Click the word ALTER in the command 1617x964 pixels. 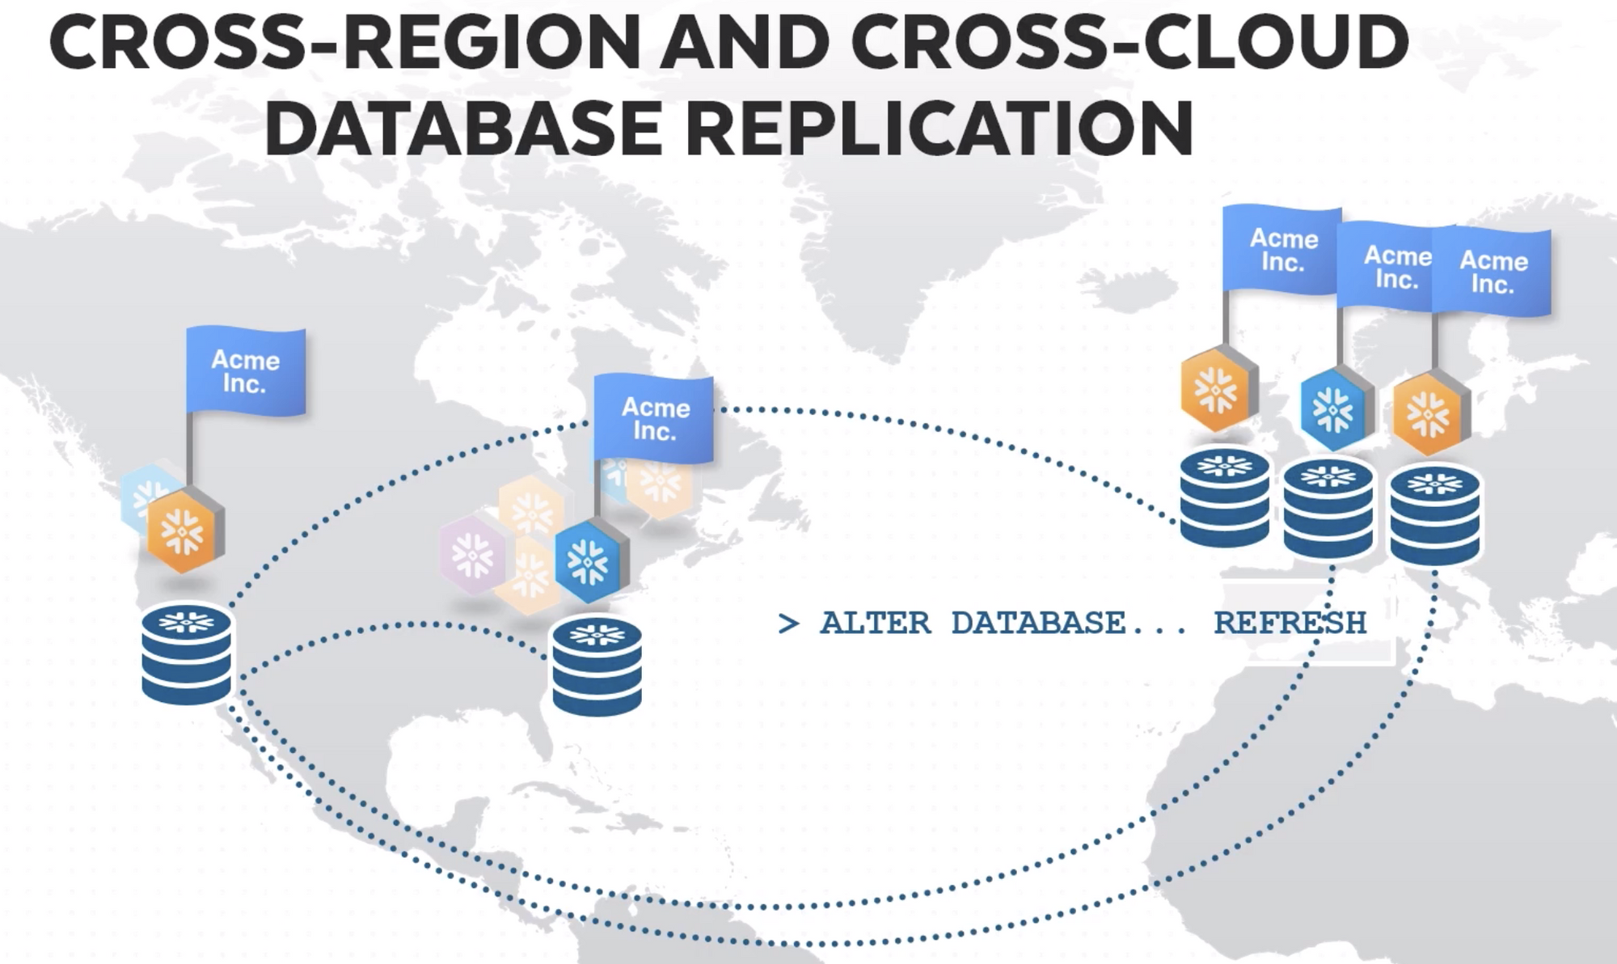click(x=875, y=624)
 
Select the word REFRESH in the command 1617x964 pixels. click(x=1290, y=624)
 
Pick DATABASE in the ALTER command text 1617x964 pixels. click(x=1038, y=624)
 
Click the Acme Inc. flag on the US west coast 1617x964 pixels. click(x=246, y=372)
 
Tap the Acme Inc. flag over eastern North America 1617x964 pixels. click(x=654, y=419)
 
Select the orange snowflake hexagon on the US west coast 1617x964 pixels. click(x=185, y=531)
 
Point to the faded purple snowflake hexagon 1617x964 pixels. click(x=471, y=554)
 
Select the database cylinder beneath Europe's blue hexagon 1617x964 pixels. click(x=1328, y=508)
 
